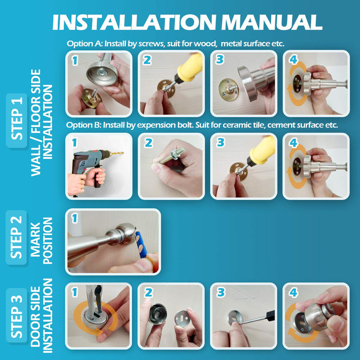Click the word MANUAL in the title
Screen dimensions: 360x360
point(272,22)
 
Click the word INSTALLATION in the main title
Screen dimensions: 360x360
point(134,22)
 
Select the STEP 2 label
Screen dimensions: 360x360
point(17,237)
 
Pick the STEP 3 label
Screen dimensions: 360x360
point(17,316)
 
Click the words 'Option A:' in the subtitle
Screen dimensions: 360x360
point(85,44)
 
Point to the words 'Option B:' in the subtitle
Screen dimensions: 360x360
point(84,125)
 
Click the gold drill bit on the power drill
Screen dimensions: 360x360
point(117,153)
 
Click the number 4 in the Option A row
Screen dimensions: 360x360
point(293,60)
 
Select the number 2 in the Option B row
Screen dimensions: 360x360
point(148,143)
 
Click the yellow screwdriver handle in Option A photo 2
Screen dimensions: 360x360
point(190,67)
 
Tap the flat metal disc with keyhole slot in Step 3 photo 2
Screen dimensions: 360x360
point(181,319)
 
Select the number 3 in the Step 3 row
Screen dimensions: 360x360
point(221,292)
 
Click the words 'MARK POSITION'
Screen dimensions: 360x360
point(41,240)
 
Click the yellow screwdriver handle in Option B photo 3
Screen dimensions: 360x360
point(262,150)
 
